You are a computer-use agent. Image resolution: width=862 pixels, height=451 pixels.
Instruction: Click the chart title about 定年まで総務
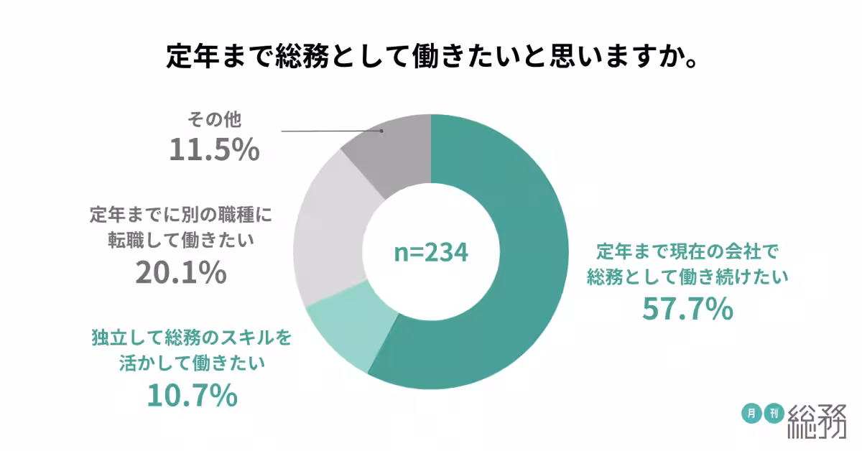coord(430,55)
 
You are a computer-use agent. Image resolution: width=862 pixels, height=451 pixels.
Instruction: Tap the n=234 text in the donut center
coord(431,252)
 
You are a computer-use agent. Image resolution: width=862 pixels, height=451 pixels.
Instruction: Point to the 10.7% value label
coord(192,395)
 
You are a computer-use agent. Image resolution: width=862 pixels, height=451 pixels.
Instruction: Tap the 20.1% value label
coord(182,273)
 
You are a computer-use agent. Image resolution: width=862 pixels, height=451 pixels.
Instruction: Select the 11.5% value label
coord(213,149)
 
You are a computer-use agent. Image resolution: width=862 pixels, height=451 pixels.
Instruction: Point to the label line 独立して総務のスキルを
coord(192,337)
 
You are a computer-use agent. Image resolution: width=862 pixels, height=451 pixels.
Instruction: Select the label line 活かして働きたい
coord(192,363)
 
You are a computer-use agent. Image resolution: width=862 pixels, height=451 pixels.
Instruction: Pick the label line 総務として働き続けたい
coord(688,276)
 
